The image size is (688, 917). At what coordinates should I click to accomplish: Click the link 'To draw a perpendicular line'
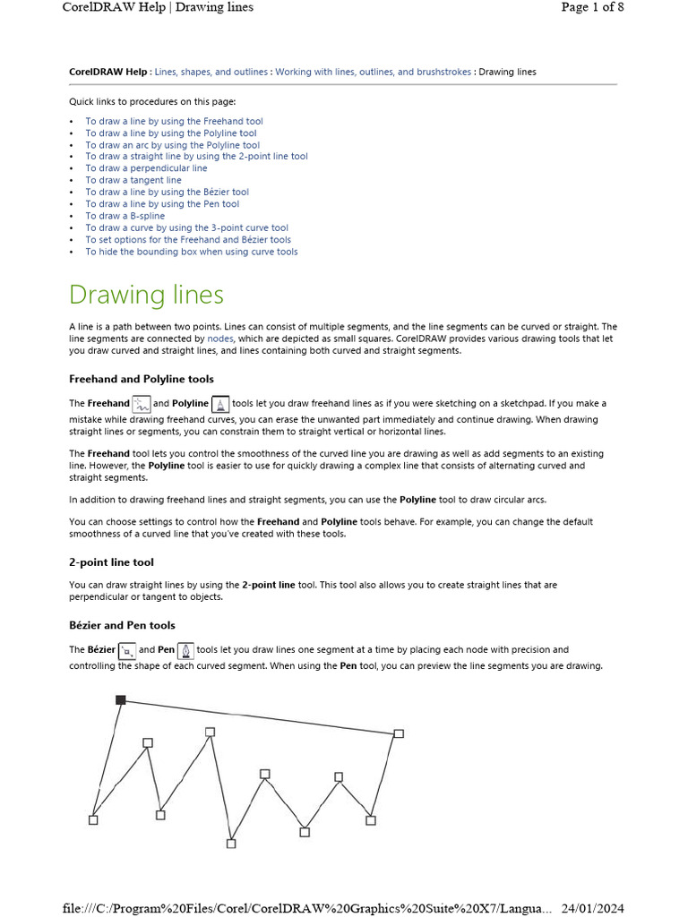coord(146,168)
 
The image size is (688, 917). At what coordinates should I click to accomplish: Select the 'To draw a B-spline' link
coord(125,216)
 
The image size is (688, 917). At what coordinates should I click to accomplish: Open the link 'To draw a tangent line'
coord(133,180)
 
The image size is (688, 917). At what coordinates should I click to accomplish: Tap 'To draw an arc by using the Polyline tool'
coord(172,145)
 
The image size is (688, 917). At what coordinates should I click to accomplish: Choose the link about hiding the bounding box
coord(191,252)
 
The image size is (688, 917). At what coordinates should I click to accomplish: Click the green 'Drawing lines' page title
coord(146,295)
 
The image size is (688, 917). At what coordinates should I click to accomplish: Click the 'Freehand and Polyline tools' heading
coord(141,380)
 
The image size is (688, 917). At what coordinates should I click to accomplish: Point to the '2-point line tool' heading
coord(111,562)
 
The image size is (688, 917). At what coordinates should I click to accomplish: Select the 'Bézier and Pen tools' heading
coord(122,625)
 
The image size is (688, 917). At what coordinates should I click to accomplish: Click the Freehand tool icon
coord(141,404)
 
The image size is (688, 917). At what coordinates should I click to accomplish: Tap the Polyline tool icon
coord(220,404)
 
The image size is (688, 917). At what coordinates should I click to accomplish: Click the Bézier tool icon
coord(127,650)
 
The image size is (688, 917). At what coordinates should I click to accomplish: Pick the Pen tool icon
coord(185,650)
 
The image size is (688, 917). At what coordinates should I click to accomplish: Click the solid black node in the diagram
coord(121,699)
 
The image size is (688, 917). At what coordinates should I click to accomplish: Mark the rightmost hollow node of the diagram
coord(399,733)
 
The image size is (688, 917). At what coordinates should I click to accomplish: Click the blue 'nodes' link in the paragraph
coord(220,339)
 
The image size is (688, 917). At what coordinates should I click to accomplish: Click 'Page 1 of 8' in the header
coord(592,7)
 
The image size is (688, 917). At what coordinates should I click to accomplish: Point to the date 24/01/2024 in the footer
coord(592,908)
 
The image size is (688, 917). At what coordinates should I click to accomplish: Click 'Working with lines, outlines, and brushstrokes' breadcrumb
coord(373,72)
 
